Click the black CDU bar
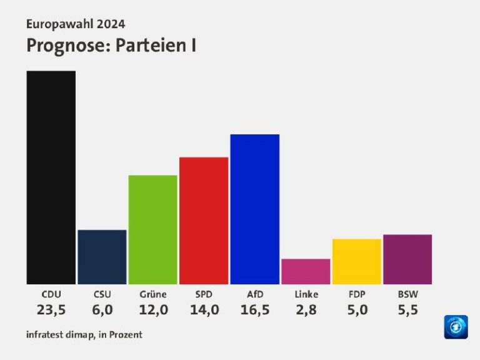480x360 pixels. point(51,177)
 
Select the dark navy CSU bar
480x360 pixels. point(102,257)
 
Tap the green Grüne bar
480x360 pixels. point(152,229)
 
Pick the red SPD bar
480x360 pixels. point(204,221)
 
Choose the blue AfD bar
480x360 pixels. point(254,209)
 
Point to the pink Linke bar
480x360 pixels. point(306,271)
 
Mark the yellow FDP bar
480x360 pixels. point(356,261)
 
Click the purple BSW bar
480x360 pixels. point(407,259)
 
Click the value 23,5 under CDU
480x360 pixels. point(51,309)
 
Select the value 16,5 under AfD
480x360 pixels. point(254,309)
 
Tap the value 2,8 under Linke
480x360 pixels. point(306,309)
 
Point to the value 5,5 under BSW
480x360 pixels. point(407,309)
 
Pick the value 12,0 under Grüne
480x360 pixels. point(153,309)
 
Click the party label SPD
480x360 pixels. point(204,294)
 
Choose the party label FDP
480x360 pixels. point(357,294)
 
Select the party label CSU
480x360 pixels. point(102,294)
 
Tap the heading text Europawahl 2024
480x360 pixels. point(76,24)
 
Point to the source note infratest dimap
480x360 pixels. point(61,334)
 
